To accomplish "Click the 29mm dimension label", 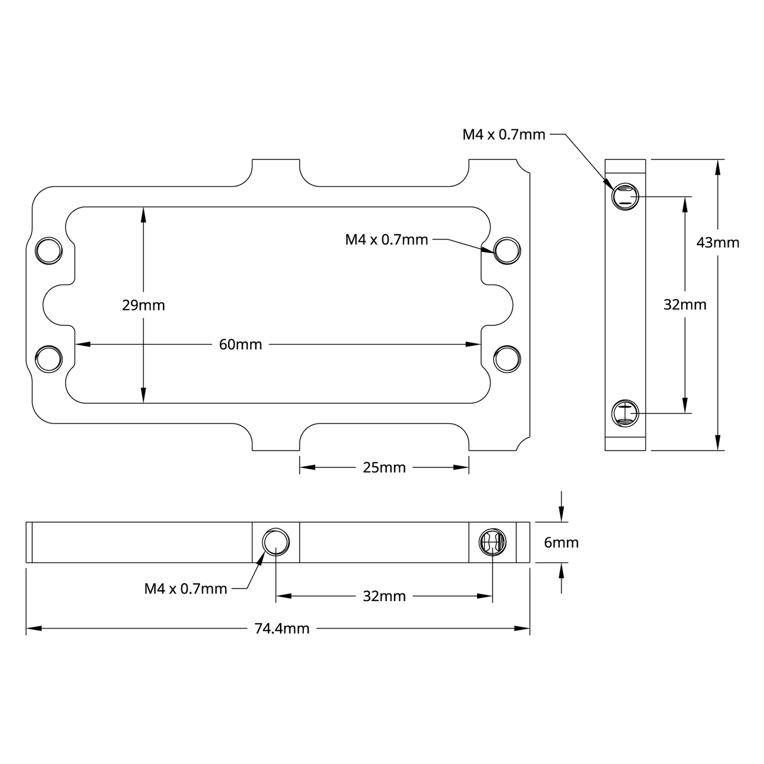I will coord(143,306).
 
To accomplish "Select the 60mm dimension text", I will coord(241,344).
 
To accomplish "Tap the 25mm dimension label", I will coord(384,467).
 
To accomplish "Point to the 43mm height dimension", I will coord(718,242).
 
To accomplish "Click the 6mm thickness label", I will coord(561,543).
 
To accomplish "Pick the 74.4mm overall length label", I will coord(282,629).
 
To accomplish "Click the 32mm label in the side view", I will coord(685,305).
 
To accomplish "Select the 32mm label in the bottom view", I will coord(384,596).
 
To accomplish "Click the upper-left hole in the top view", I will coord(49,251).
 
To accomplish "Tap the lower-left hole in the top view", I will coord(49,359).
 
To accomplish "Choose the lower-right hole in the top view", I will coord(507,359).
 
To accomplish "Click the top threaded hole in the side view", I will coord(625,196).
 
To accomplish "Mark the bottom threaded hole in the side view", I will coord(625,412).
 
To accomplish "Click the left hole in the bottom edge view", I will coord(276,542).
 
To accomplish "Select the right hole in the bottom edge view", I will coord(492,542).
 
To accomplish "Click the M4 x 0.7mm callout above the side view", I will coord(504,135).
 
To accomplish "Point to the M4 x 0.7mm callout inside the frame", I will coord(386,240).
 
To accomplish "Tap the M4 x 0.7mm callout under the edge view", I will coord(186,589).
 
